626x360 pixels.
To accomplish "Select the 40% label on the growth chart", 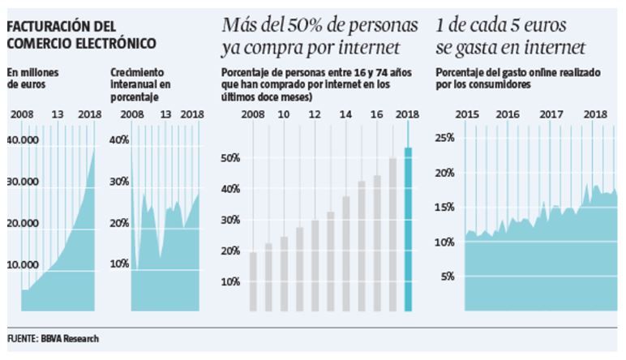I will click(x=119, y=140).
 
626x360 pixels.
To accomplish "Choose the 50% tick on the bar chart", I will click(x=231, y=158).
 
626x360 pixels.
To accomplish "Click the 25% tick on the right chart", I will click(x=445, y=138).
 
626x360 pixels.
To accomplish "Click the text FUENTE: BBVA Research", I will click(x=54, y=337).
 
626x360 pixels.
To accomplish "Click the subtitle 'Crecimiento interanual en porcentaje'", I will click(x=143, y=84).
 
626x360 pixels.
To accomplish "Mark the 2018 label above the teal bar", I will click(x=407, y=115).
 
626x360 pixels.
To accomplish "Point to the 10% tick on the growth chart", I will click(x=119, y=264).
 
